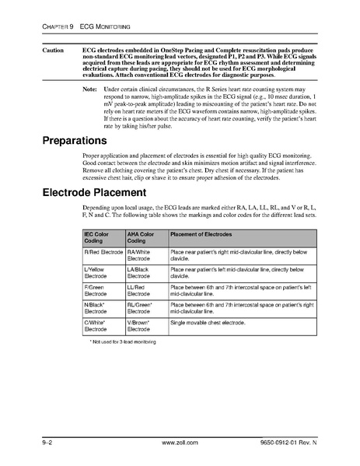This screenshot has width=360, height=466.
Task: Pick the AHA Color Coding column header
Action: (142, 237)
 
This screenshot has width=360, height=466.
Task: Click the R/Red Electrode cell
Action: (103, 253)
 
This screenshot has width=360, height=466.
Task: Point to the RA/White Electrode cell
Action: (142, 256)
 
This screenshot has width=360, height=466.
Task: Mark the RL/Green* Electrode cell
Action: (143, 310)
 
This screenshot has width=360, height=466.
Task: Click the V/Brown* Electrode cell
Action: (142, 328)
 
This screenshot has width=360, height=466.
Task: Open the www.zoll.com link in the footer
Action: (180, 442)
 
